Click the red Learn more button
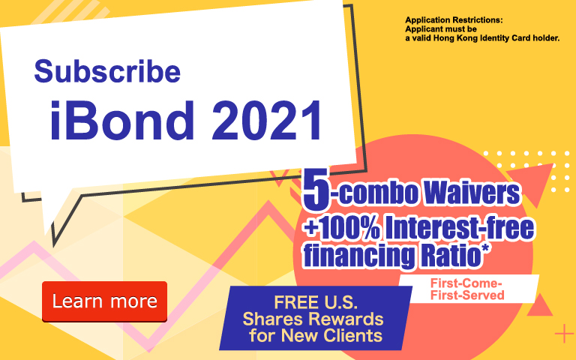click(x=105, y=301)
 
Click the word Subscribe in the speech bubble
click(x=107, y=71)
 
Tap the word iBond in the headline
click(x=122, y=121)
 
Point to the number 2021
click(x=268, y=121)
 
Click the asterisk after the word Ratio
click(x=485, y=248)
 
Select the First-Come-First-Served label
click(x=467, y=289)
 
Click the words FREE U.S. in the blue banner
click(x=316, y=303)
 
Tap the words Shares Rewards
click(x=313, y=319)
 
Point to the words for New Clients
click(x=316, y=336)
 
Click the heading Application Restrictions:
click(x=454, y=20)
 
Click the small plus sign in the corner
click(x=563, y=334)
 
